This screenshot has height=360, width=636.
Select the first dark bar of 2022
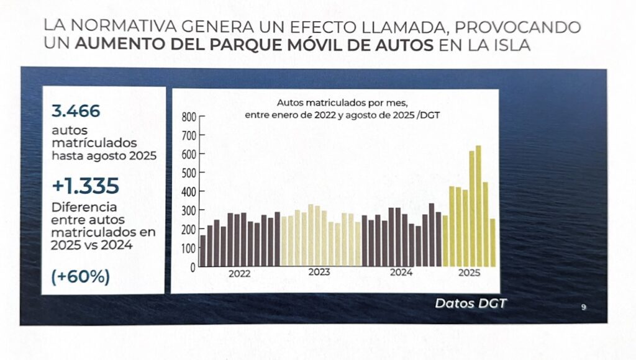point(203,250)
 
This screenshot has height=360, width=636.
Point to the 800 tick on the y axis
point(189,117)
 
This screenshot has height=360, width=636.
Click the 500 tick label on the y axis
point(188,173)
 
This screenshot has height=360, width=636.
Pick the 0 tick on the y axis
point(193,267)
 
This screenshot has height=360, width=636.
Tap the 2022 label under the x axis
point(239,273)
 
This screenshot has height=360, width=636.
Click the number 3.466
point(76,112)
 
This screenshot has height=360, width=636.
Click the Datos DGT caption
point(470,304)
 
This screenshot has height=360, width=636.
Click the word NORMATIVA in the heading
point(116,28)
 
